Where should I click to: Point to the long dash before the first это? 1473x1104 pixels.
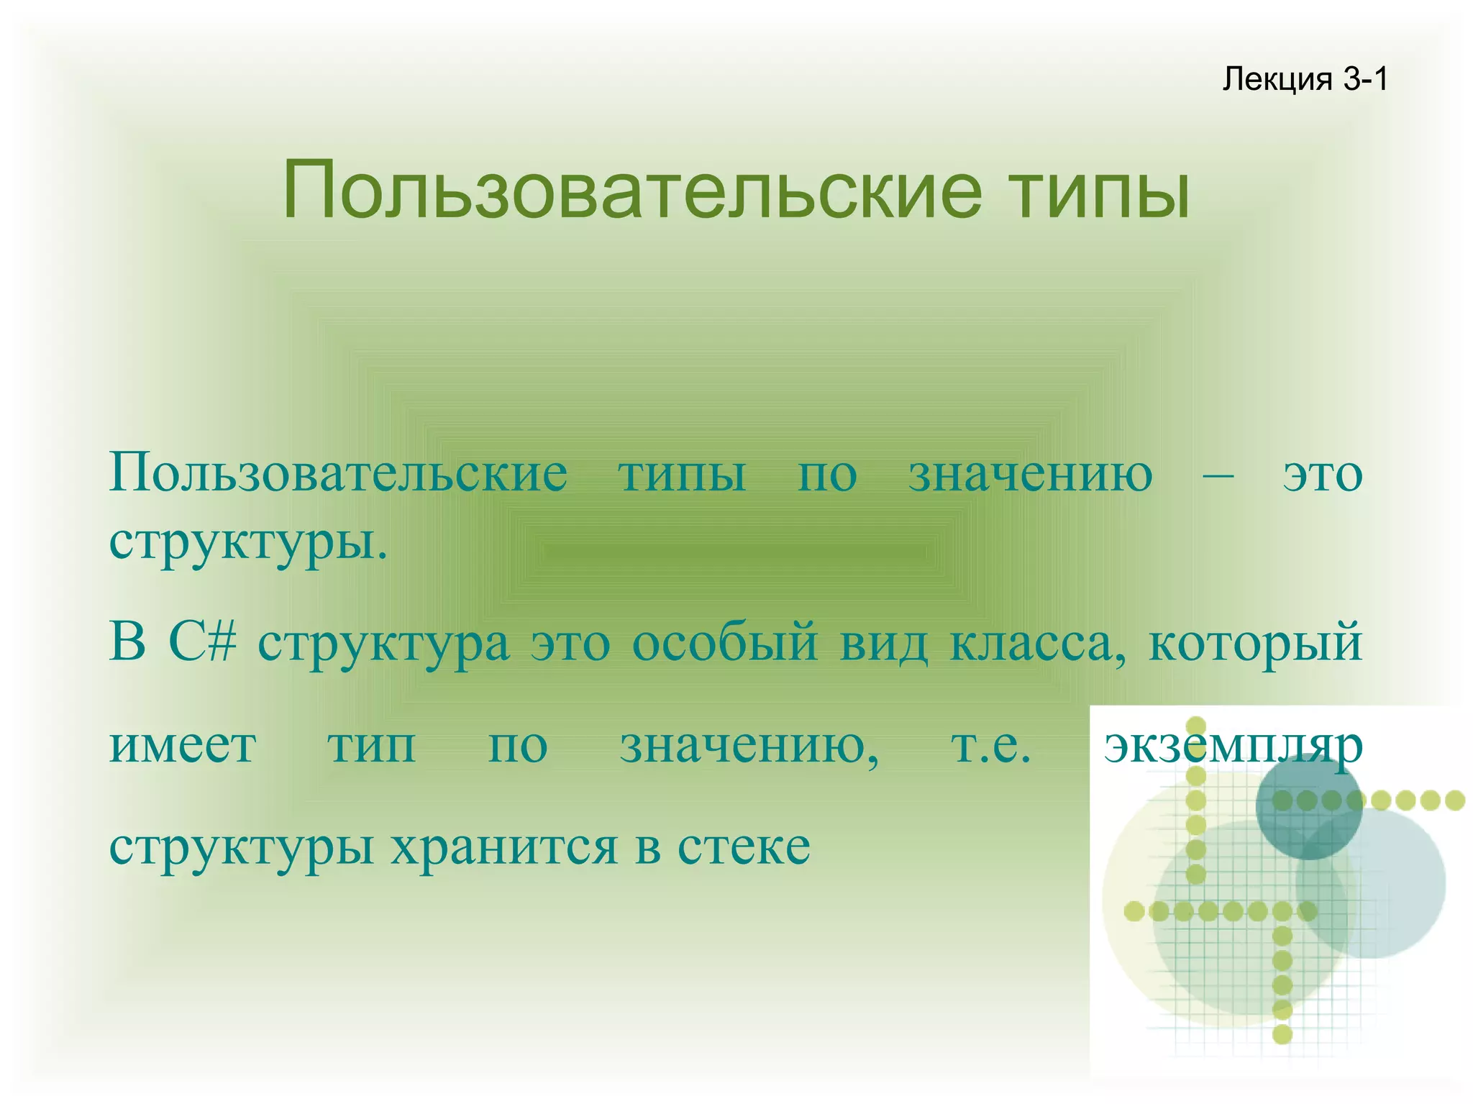tap(1218, 475)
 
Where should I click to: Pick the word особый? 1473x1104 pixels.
tap(724, 642)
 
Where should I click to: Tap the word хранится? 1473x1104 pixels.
tap(504, 849)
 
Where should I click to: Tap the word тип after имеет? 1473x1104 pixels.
tap(372, 747)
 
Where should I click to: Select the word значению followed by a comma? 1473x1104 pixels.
tap(749, 747)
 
